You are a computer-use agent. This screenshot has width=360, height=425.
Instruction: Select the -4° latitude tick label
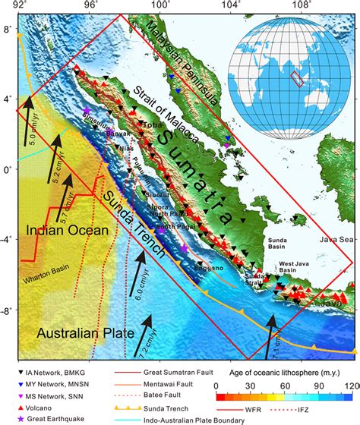[8, 240]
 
